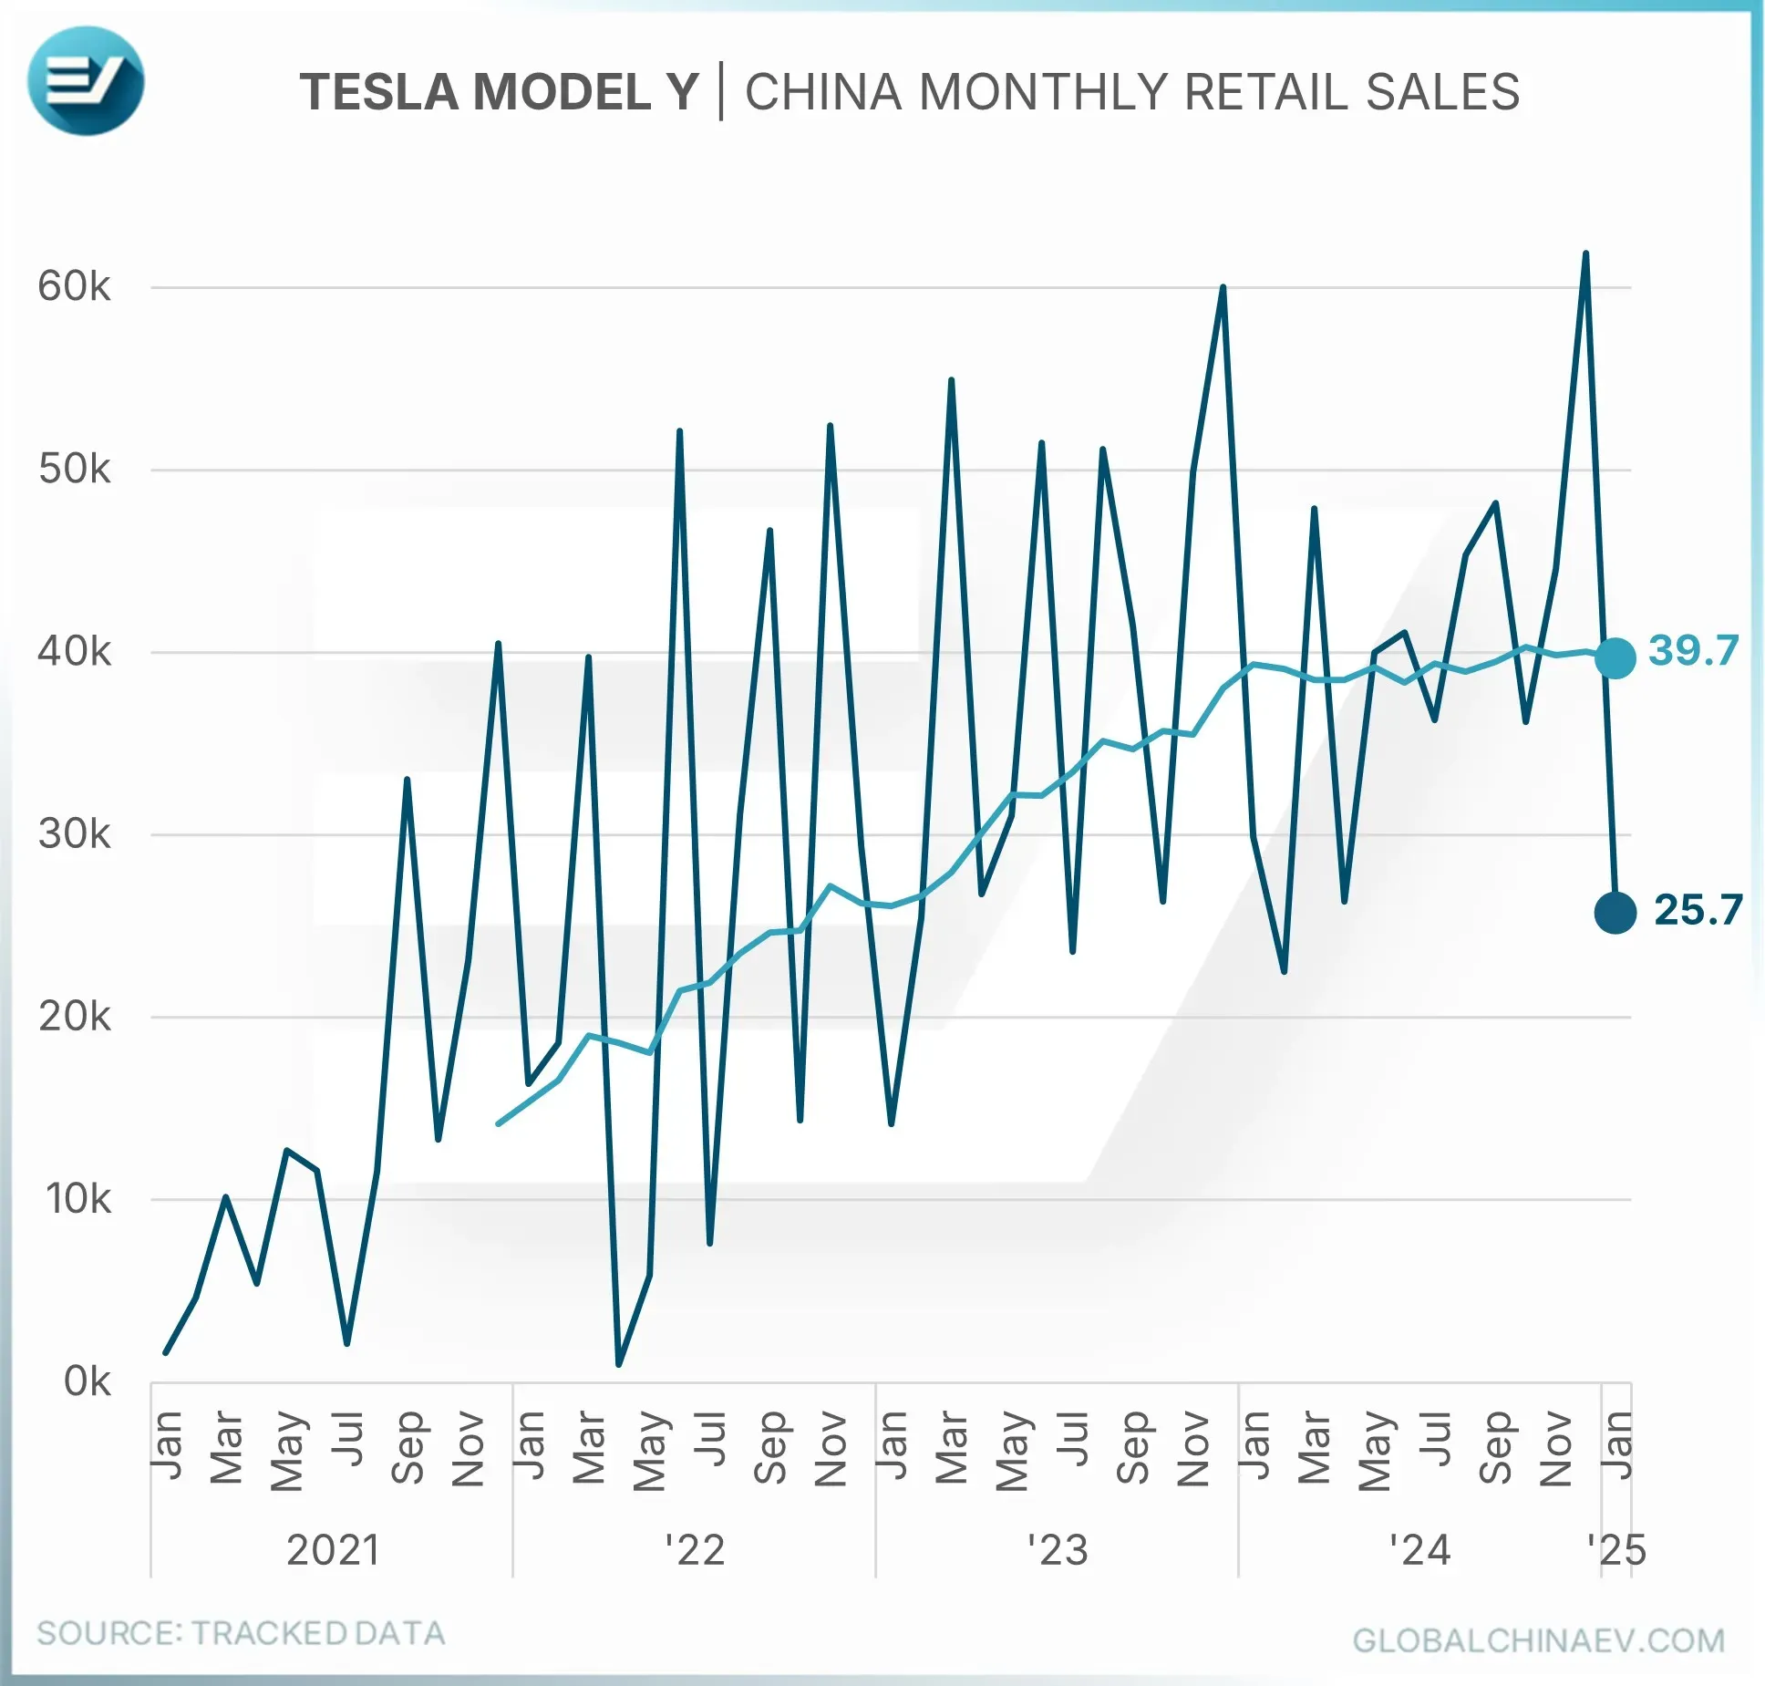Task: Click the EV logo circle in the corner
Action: [x=86, y=81]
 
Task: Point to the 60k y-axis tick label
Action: [x=74, y=287]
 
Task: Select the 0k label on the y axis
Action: [x=87, y=1381]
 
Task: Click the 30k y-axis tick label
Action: [x=74, y=834]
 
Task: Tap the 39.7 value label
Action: [x=1693, y=651]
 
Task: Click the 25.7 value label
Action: [x=1698, y=910]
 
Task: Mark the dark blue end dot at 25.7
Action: [x=1615, y=912]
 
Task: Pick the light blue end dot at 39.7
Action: [x=1615, y=657]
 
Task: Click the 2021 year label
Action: [x=333, y=1550]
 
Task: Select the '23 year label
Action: [x=1058, y=1550]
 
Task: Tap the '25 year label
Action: [x=1616, y=1550]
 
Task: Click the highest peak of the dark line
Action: [x=1585, y=254]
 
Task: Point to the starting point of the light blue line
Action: [x=498, y=1123]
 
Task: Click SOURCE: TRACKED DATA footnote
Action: [x=241, y=1633]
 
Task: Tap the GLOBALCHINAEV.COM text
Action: [x=1539, y=1640]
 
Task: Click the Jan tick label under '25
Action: [x=1616, y=1445]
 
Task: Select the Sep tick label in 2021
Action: [x=408, y=1448]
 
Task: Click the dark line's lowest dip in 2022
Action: [x=619, y=1364]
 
